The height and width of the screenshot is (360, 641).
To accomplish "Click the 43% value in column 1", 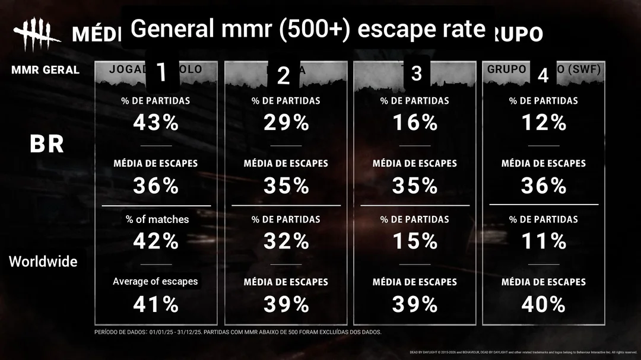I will coord(156,123).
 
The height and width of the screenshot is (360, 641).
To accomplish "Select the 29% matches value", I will coord(285,123).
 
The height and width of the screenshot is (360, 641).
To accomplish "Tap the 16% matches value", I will coord(414,123).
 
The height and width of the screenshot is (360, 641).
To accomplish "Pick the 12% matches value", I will coord(543,123).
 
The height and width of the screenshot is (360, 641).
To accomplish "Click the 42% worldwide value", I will coord(156,241).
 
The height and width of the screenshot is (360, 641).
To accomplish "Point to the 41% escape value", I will coord(156,304).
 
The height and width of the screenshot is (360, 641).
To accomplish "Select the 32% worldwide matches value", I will coord(285,241).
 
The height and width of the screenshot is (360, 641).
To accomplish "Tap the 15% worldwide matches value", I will coord(414,241).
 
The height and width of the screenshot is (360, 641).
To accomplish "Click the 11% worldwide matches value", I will coord(543,241).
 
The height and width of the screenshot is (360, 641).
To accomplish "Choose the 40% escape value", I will coord(543,304).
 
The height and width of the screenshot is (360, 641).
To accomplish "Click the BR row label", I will coord(47,144).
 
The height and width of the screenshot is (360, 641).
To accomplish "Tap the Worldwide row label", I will coord(43,261).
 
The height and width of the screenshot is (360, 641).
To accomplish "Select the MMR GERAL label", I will coord(45,70).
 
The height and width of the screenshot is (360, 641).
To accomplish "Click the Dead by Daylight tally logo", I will coord(37,36).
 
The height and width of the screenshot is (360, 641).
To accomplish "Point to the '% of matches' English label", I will coord(157,219).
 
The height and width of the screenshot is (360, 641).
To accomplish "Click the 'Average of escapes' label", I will coord(156,281).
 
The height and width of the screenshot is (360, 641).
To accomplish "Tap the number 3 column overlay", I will coord(416,74).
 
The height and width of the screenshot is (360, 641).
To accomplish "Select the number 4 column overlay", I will coord(542,75).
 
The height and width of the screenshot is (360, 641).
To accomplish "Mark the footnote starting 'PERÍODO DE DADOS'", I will coord(237,332).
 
